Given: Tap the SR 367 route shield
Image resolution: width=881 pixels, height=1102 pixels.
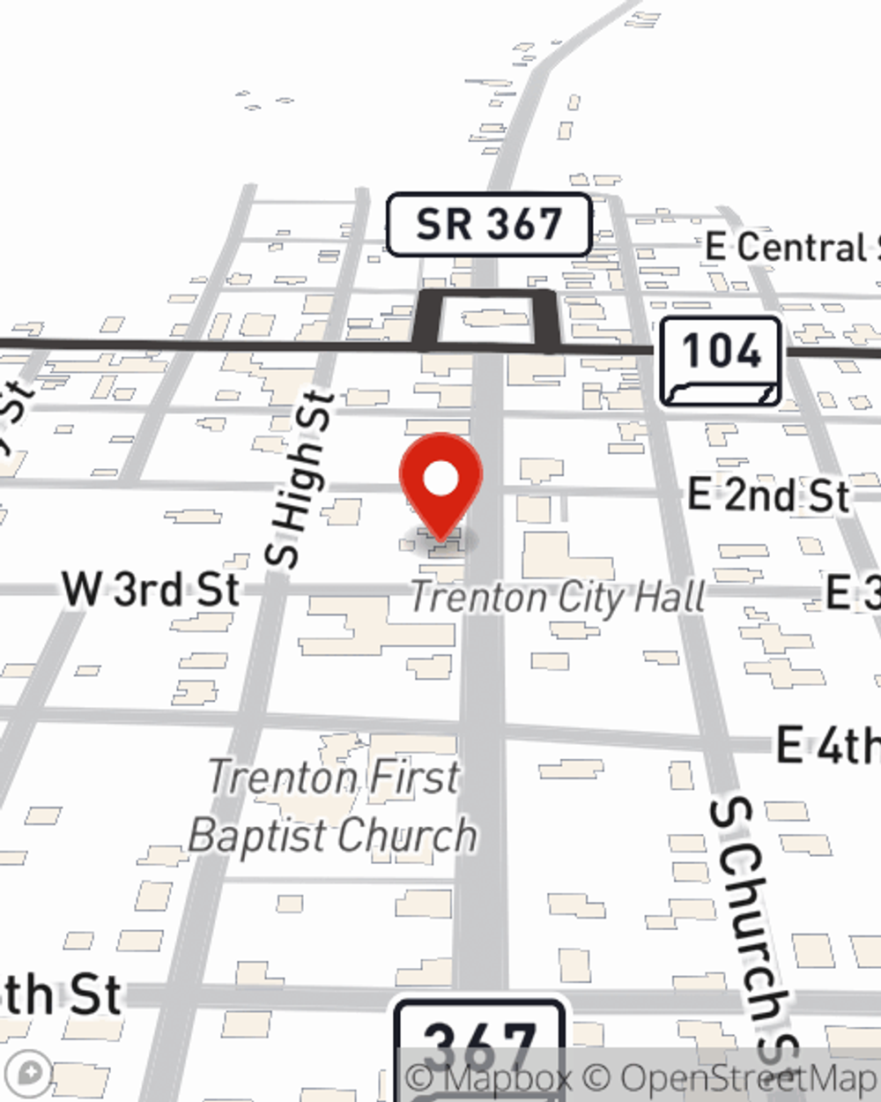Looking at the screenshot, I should click(x=488, y=226).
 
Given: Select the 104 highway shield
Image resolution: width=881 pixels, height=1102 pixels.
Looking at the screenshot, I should click(x=721, y=361).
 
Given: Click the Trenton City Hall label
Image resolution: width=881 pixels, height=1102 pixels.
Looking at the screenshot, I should click(x=558, y=598).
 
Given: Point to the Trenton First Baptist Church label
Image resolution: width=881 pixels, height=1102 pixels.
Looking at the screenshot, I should click(x=334, y=807).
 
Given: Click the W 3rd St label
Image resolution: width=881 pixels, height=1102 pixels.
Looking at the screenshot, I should click(x=152, y=589).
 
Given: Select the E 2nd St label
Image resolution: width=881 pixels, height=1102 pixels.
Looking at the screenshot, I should click(x=768, y=495).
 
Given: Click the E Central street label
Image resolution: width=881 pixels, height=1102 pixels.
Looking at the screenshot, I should click(x=793, y=248).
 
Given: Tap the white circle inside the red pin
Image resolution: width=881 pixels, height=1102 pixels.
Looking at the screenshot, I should click(x=441, y=479).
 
